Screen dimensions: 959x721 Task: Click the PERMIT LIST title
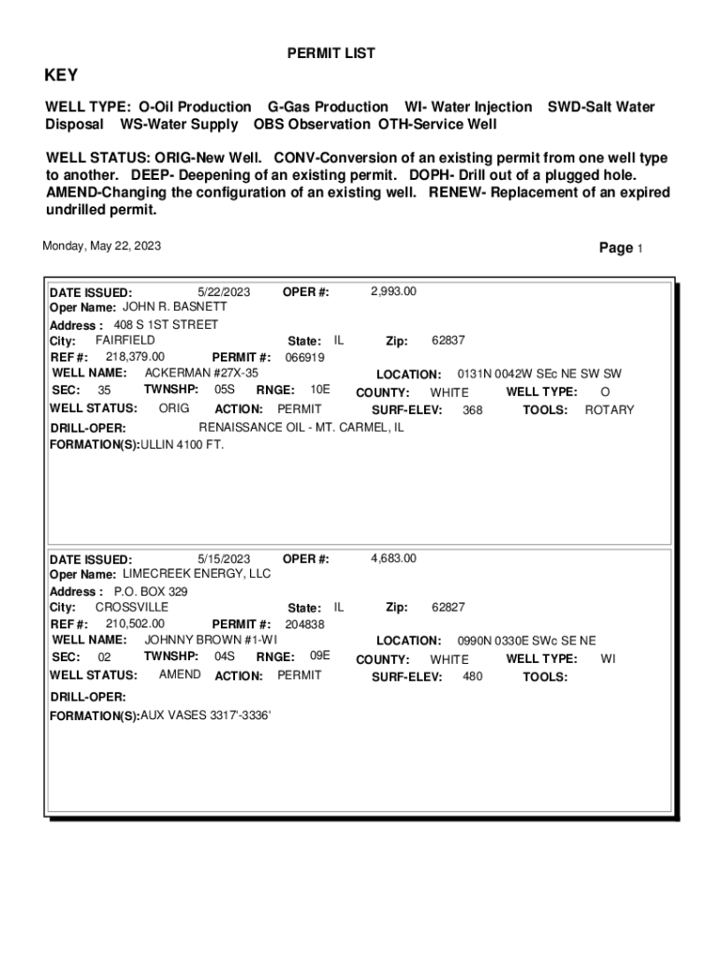coord(331,54)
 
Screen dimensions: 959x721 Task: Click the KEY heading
coord(62,76)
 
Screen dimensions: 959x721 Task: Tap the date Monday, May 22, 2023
coord(101,246)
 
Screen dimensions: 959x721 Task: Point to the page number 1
coord(640,249)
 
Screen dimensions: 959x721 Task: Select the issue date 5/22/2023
coord(224,291)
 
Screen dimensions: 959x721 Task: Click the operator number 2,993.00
coord(393,291)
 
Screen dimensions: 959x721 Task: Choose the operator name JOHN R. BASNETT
coord(175,307)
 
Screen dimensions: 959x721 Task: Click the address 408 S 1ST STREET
coord(166,325)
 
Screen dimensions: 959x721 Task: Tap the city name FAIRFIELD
coord(125,340)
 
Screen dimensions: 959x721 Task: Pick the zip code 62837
coord(449,341)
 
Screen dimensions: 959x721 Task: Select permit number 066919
coord(304,358)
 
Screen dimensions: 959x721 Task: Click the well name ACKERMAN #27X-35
coord(201,373)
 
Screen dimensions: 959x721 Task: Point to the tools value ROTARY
coord(610,409)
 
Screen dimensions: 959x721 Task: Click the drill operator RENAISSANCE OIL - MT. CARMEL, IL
coord(302,427)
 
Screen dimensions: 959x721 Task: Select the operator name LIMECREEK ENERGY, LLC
coord(197,573)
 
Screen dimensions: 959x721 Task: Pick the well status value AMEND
coord(179,675)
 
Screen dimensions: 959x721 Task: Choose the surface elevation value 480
coord(473,676)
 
